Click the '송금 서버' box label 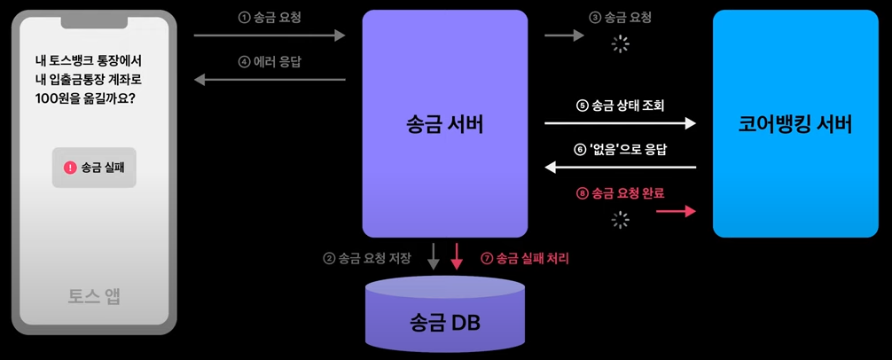pos(445,124)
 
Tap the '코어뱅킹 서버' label pos(794,124)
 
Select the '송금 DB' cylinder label pos(445,322)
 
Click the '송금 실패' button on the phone pos(94,168)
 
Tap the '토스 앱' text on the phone pos(94,296)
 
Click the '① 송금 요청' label pos(268,17)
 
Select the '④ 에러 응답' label pos(268,62)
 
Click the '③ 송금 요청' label pos(619,17)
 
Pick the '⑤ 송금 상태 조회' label pos(621,106)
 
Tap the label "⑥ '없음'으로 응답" pos(621,149)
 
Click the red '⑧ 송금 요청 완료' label pos(621,192)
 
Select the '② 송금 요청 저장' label pos(367,260)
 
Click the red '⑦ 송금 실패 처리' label pos(525,260)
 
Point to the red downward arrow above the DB pos(458,255)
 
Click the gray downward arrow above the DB pos(434,255)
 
